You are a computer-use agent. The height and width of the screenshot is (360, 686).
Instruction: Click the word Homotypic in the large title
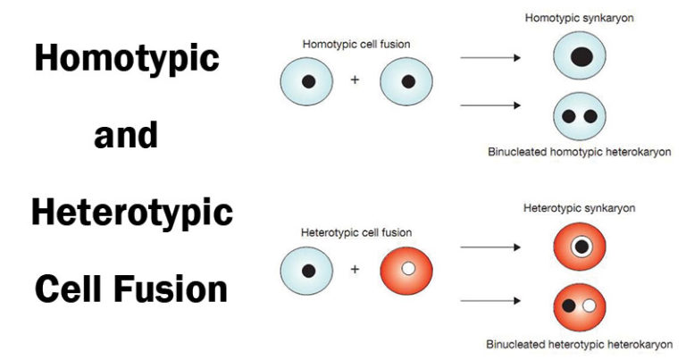pos(126,59)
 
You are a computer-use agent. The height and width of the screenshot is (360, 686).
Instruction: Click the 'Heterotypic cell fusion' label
pos(356,233)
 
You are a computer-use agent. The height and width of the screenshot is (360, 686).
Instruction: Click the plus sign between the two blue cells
pos(356,80)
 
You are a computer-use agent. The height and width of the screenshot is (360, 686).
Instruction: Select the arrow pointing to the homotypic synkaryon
pos(489,58)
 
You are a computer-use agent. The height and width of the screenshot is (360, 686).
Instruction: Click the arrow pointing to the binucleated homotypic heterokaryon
pos(489,105)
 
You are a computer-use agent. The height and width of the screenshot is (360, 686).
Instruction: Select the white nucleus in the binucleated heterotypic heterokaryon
pos(589,306)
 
